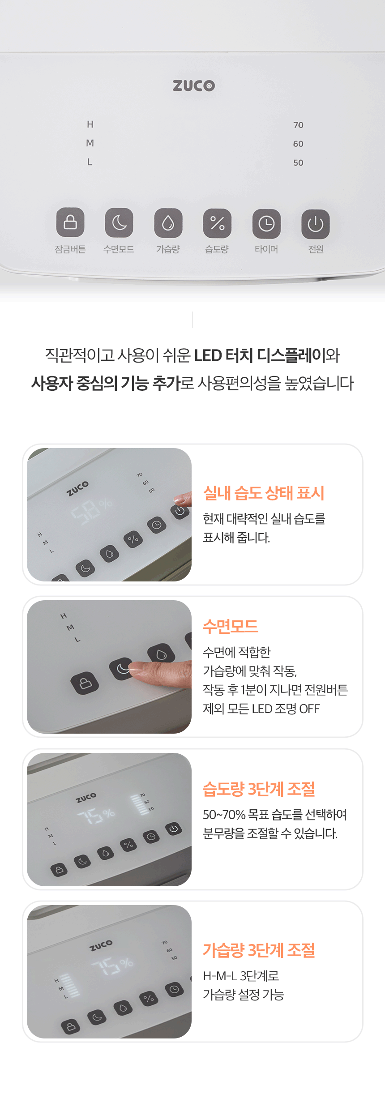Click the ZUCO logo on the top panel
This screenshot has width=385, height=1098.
194,85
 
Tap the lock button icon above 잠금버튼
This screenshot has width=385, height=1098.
70,222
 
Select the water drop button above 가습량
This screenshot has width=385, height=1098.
168,223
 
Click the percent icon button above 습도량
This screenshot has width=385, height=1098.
217,223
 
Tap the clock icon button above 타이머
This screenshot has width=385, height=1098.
266,224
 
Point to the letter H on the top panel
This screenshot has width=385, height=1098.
90,124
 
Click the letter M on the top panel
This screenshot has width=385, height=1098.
90,143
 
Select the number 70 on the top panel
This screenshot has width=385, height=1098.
298,125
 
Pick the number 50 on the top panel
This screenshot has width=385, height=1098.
298,163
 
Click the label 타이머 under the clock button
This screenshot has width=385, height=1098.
266,249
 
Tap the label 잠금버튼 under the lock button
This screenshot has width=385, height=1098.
70,249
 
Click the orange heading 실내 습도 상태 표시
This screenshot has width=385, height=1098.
264,493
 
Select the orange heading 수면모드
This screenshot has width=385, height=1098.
231,626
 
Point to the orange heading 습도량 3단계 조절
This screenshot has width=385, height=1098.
259,789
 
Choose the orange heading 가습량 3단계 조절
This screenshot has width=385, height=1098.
259,950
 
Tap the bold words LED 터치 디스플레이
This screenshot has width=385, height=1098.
260,355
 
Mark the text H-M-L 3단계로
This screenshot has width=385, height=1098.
241,976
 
